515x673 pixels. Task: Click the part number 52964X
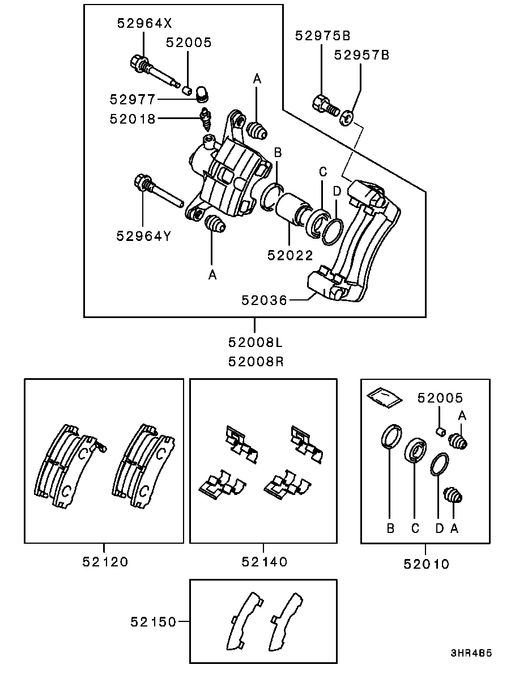point(144,23)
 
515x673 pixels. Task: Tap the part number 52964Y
point(144,236)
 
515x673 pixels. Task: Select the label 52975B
point(323,36)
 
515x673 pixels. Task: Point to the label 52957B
point(361,55)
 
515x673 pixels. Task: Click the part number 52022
point(290,255)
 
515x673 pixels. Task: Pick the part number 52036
point(264,300)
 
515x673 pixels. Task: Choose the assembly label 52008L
point(256,342)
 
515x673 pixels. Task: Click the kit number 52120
point(105,561)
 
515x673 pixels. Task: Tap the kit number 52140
point(264,561)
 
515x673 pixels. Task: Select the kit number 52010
point(426,564)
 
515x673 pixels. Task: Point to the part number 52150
point(154,621)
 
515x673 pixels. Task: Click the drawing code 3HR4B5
point(471,654)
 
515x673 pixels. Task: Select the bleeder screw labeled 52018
point(206,120)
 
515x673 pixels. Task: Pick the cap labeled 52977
point(202,94)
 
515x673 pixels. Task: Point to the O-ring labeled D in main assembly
point(333,232)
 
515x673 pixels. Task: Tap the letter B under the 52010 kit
point(390,528)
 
